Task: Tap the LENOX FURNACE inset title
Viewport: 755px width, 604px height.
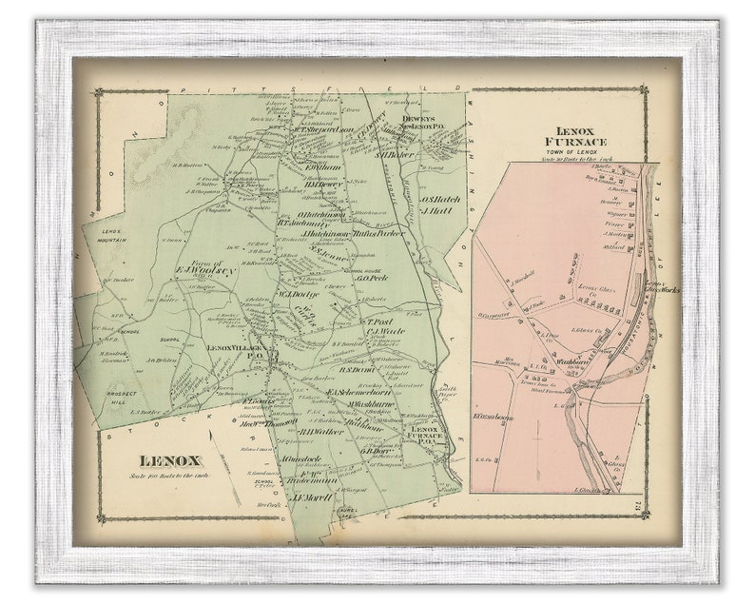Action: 581,135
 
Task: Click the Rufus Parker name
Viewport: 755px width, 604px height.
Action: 378,232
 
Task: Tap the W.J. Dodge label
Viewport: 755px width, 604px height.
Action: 296,294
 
